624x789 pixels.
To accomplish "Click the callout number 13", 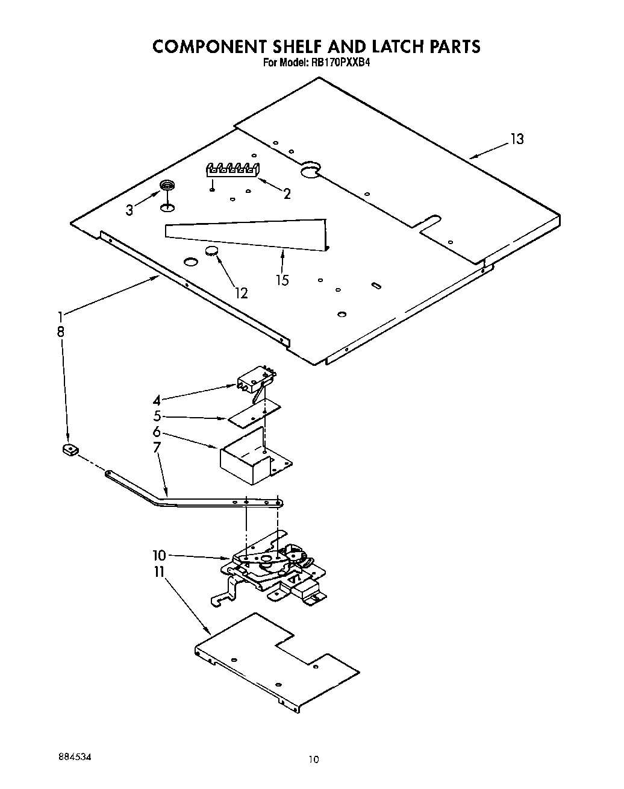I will click(x=517, y=139).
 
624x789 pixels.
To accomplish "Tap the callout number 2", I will click(x=287, y=193).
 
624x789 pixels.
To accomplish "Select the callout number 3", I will click(x=129, y=210).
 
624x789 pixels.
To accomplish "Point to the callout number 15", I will click(x=282, y=280).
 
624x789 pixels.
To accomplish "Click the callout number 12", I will click(x=241, y=293).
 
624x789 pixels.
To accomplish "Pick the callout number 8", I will click(x=61, y=331).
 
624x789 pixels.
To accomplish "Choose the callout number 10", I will click(x=159, y=555).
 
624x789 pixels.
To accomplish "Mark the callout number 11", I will click(x=159, y=571).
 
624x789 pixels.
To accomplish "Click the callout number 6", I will click(x=157, y=432).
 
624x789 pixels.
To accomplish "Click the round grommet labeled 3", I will click(x=167, y=186).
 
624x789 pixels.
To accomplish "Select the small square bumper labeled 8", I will click(x=70, y=449).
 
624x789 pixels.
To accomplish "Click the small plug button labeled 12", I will click(x=212, y=251).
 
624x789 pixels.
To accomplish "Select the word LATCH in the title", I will click(x=389, y=46).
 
